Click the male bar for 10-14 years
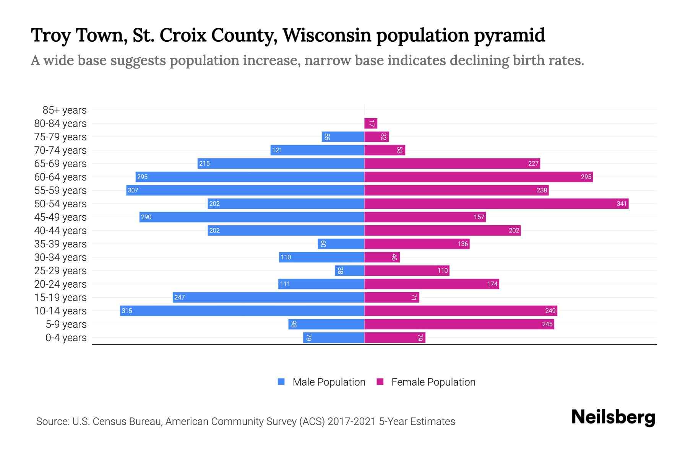(x=242, y=311)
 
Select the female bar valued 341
(x=496, y=203)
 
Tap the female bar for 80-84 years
(x=371, y=123)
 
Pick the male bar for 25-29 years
(x=349, y=270)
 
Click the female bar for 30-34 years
(x=382, y=257)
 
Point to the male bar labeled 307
(x=245, y=190)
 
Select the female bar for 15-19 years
(x=392, y=297)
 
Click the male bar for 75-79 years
(x=343, y=137)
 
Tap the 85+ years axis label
(x=65, y=110)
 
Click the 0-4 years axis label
(x=66, y=338)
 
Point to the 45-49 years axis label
(x=60, y=217)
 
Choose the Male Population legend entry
(x=329, y=382)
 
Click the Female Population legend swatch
(x=380, y=382)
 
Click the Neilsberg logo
(x=613, y=417)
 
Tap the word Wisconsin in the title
(x=326, y=35)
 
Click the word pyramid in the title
(x=509, y=35)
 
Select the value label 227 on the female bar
(x=533, y=164)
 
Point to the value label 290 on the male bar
(x=146, y=217)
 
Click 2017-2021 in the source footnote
(x=352, y=422)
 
